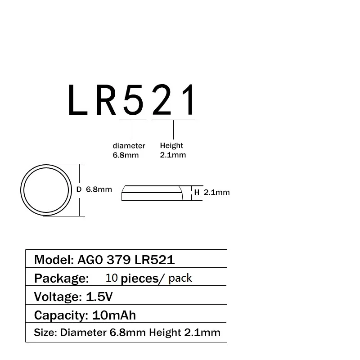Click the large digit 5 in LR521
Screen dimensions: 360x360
point(133,99)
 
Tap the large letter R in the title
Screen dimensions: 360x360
point(106,99)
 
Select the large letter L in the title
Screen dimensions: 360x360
point(77,99)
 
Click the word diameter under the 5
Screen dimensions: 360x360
point(129,146)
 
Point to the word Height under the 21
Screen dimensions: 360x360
point(171,145)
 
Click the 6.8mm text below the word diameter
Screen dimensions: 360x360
point(126,155)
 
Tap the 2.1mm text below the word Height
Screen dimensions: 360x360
point(173,155)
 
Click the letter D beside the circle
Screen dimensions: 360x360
point(79,189)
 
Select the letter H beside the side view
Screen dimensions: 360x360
point(197,192)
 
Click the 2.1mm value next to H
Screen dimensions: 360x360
point(216,192)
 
